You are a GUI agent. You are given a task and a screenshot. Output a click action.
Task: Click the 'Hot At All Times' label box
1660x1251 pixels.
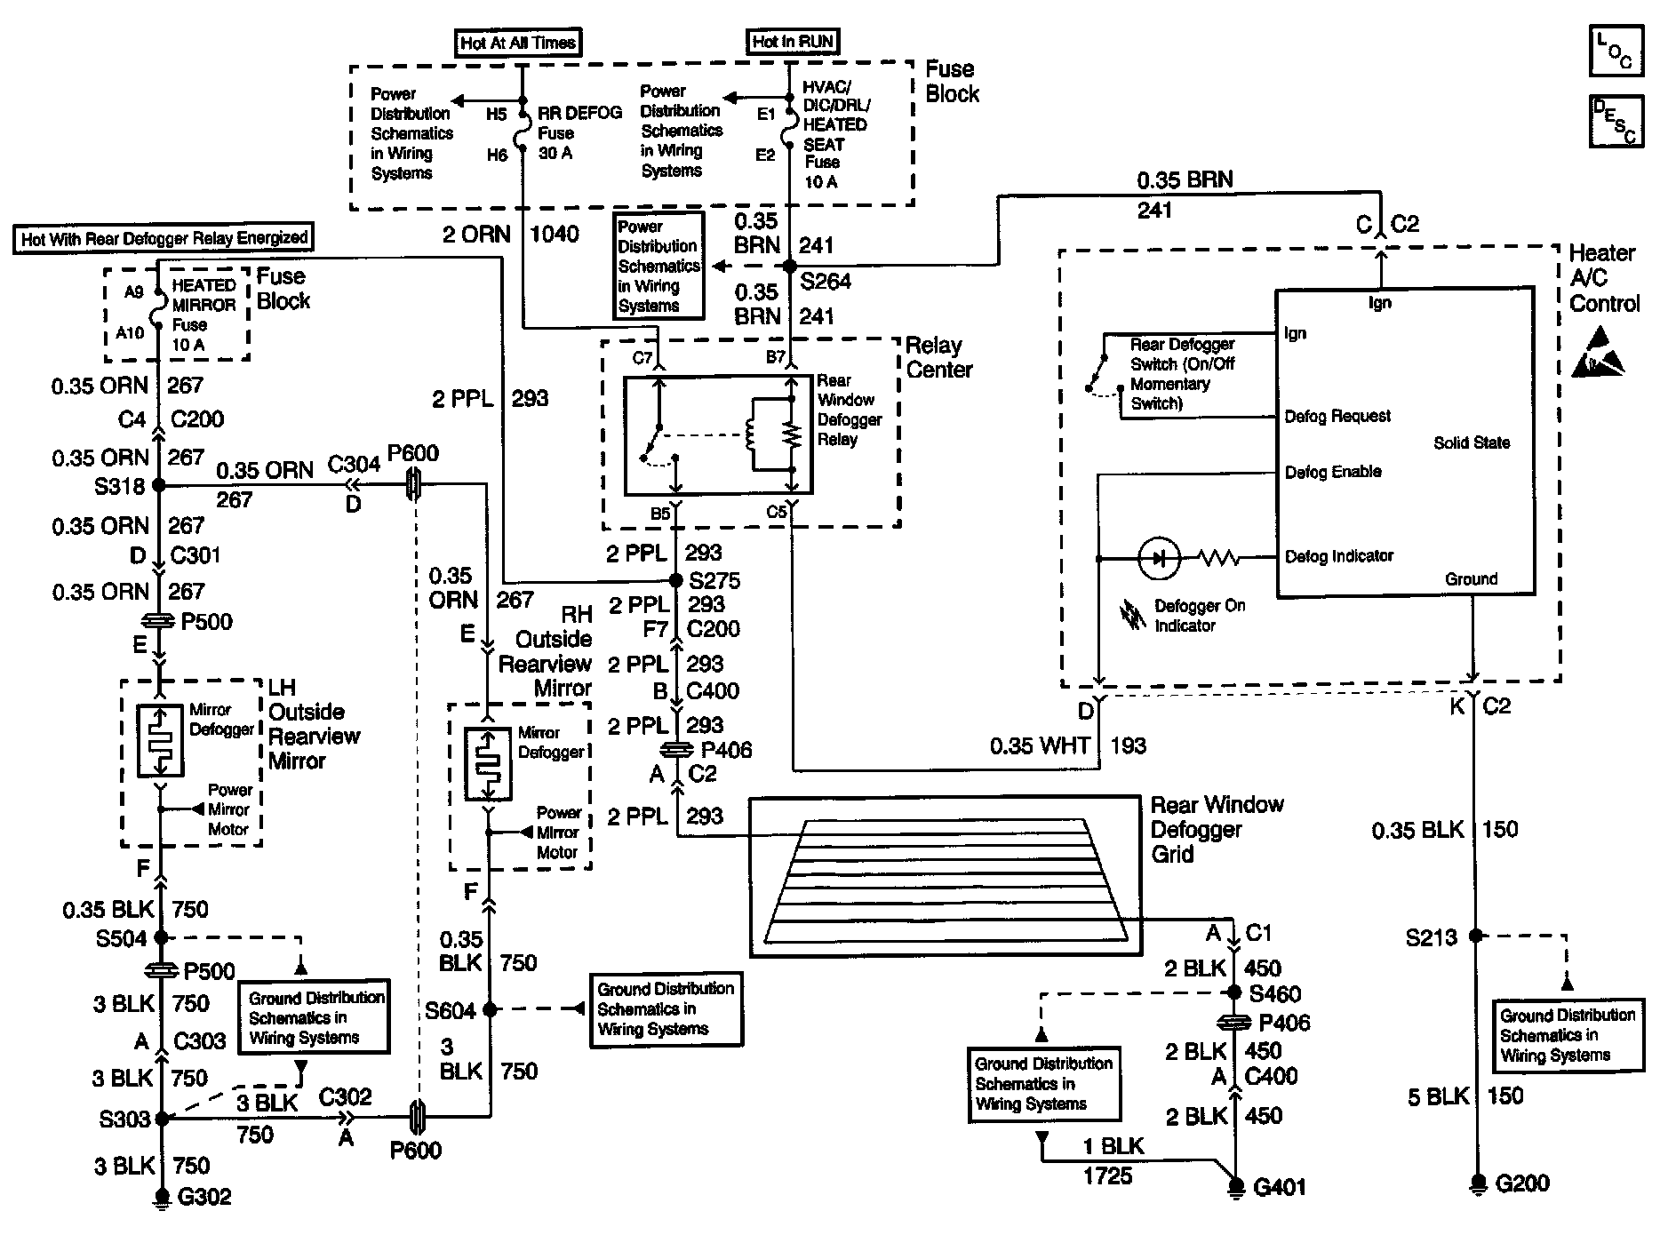coord(518,43)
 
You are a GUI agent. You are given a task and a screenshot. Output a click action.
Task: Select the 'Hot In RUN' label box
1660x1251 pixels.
coord(793,41)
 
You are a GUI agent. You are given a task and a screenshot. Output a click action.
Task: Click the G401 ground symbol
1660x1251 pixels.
coord(1235,1186)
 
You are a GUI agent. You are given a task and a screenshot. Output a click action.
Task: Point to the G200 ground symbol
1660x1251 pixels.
coord(1475,1183)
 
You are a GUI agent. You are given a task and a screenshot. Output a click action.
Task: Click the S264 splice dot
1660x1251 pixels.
coord(790,266)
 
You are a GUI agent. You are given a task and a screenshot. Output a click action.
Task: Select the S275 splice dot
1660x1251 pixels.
coord(676,580)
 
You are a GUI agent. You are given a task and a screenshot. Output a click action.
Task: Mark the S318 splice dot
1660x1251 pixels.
coord(159,485)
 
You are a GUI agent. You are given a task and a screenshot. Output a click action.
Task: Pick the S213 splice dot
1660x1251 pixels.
coord(1475,936)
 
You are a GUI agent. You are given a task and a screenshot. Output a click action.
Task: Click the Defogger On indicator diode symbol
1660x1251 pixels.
coord(1160,558)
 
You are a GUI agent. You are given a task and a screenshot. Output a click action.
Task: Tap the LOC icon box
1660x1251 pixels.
coord(1616,51)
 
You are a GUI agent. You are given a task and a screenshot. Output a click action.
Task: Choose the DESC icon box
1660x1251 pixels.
coord(1616,122)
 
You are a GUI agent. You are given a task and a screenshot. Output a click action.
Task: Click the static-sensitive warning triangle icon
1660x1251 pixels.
coord(1599,353)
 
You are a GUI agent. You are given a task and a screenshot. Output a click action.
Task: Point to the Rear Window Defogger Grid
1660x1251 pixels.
coord(945,876)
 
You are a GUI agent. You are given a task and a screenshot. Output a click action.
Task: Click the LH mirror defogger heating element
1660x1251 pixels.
coord(161,741)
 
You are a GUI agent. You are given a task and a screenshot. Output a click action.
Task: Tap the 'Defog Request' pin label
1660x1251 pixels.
coord(1337,416)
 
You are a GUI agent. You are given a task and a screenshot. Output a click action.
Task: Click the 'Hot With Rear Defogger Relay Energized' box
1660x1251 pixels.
coord(164,238)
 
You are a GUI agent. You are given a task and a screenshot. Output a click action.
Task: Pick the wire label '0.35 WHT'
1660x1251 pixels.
coord(1040,745)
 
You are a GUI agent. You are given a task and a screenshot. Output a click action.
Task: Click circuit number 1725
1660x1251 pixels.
coord(1107,1176)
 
